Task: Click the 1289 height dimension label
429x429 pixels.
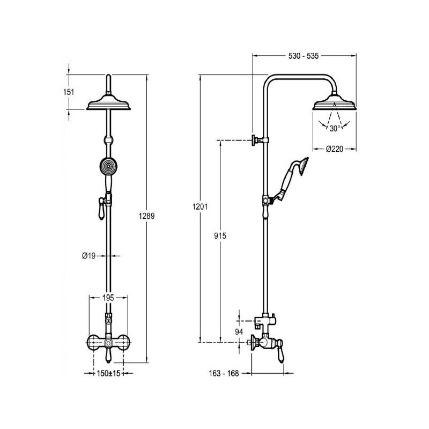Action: (x=146, y=216)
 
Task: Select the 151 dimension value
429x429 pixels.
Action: (x=69, y=92)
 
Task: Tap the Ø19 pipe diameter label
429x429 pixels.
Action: (x=88, y=256)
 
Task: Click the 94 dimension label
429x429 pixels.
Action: (x=240, y=331)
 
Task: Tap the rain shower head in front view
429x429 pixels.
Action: (x=109, y=102)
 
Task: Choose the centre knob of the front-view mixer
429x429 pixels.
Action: (x=109, y=342)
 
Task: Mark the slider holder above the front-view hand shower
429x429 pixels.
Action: (x=109, y=142)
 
